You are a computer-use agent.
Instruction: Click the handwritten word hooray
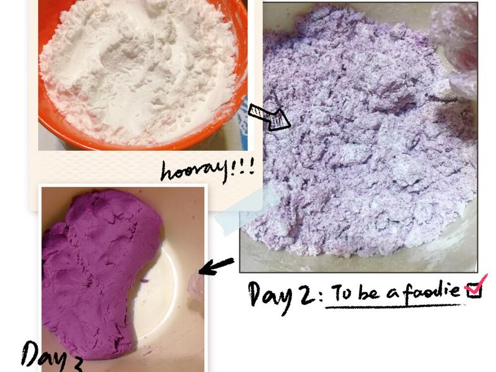[x=193, y=172]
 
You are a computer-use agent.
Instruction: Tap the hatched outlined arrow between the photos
[x=269, y=117]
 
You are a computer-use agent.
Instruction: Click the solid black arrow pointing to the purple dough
[x=216, y=267]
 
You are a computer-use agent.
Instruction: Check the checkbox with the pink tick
[x=474, y=290]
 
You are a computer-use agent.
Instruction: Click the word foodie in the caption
[x=430, y=290]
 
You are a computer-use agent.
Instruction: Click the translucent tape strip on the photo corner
[x=245, y=209]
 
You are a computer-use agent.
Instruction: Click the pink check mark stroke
[x=477, y=283]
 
